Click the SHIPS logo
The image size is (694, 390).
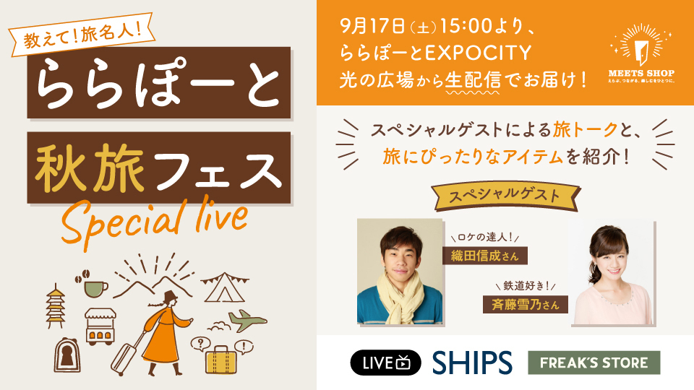pos(472,363)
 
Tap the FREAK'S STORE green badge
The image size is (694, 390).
pos(594,363)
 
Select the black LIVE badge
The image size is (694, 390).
pos(385,363)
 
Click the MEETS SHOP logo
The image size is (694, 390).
pos(641,61)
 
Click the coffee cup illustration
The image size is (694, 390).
pos(93,285)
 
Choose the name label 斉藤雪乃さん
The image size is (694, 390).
pos(525,303)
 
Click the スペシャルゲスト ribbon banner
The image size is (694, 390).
pos(505,195)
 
